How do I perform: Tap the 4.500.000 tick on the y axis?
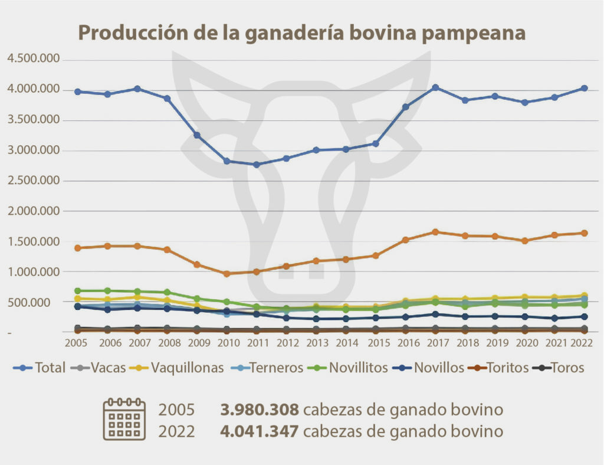(x=33, y=59)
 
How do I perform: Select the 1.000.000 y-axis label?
(x=33, y=272)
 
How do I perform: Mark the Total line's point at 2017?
(x=435, y=87)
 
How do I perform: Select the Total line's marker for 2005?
(x=77, y=91)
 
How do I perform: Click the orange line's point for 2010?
(x=226, y=274)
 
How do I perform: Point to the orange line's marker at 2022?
(x=584, y=233)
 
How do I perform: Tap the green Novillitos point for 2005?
(x=77, y=291)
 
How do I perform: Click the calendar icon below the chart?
(x=124, y=420)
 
